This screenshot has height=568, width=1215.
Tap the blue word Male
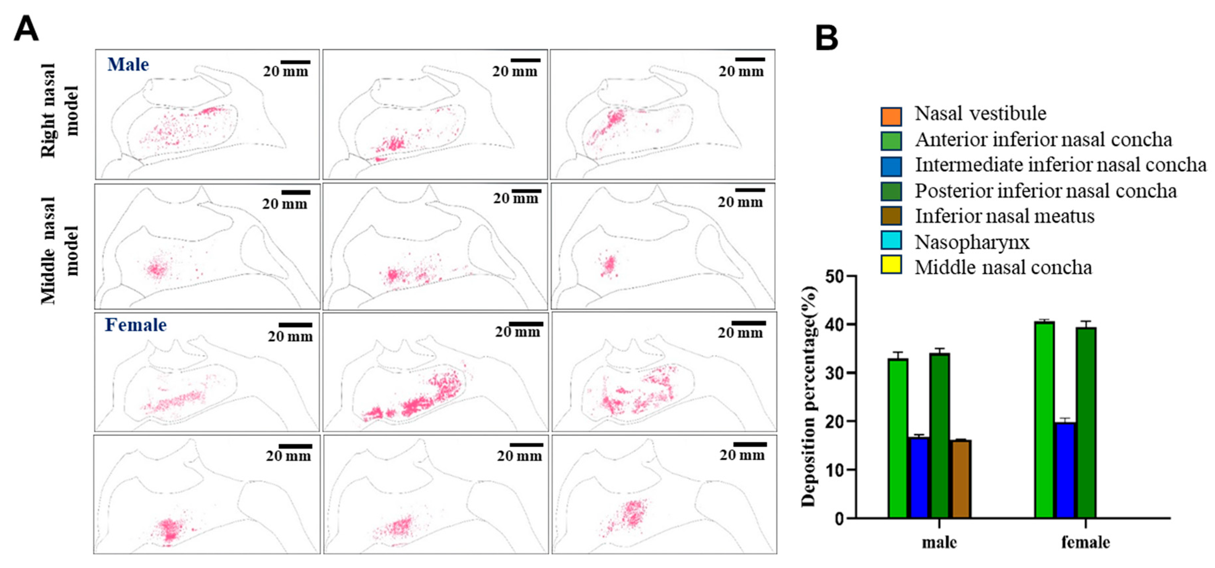click(x=128, y=65)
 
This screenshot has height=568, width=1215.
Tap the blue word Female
click(x=136, y=325)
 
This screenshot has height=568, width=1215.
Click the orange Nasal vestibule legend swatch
click(x=891, y=116)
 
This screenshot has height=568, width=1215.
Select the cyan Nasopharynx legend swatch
click(x=891, y=241)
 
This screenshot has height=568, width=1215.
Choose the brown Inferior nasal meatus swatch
click(x=891, y=215)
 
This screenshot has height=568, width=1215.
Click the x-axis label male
click(x=939, y=543)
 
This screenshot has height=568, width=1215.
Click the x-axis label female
click(x=1085, y=543)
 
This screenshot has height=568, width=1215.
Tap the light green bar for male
click(x=898, y=439)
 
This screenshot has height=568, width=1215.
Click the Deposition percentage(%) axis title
click(x=808, y=396)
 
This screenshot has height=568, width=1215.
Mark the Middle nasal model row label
click(x=59, y=250)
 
